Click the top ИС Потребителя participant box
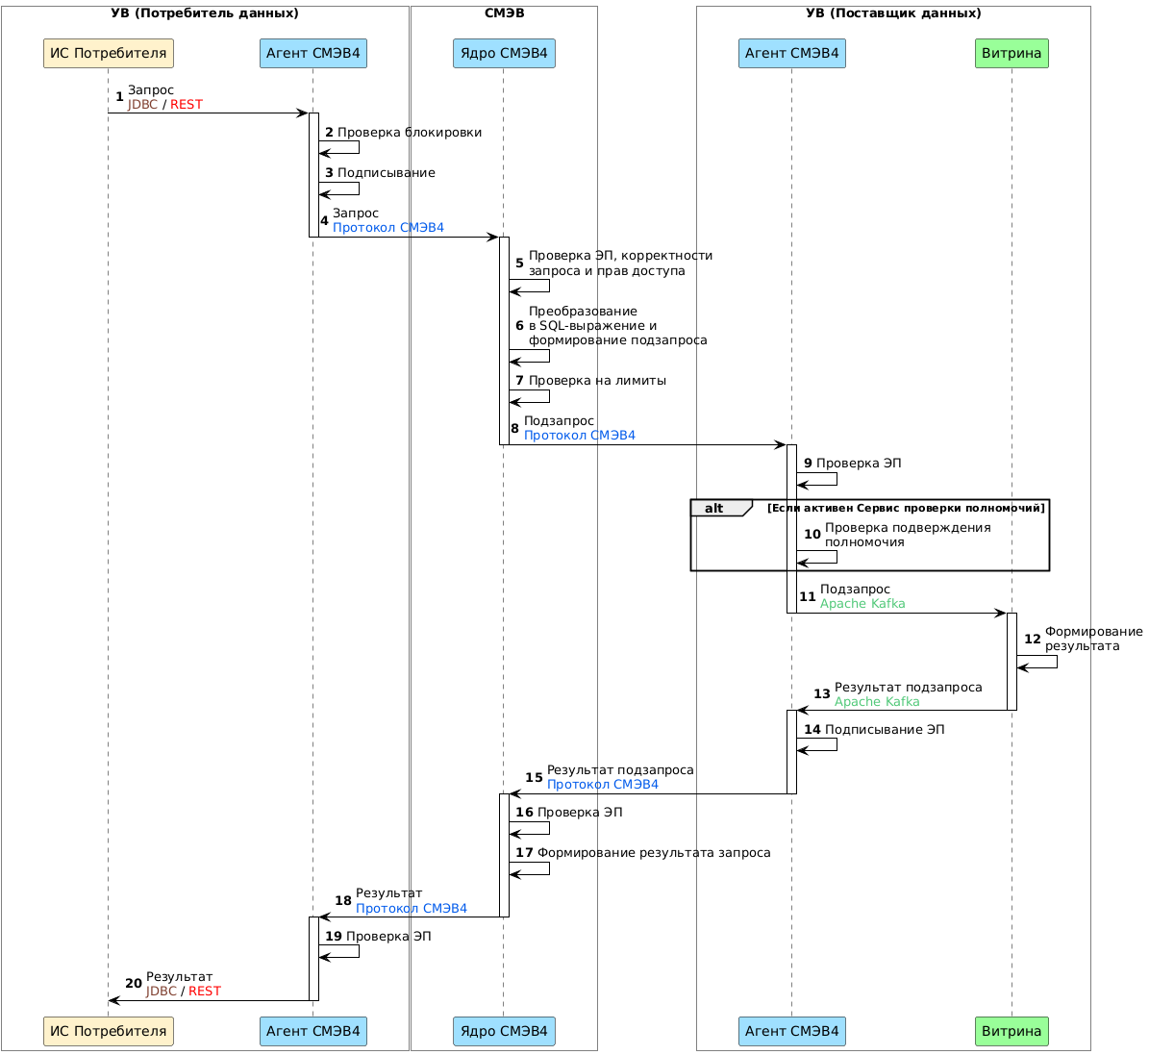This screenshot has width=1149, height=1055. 108,54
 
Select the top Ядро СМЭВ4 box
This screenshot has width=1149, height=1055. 504,54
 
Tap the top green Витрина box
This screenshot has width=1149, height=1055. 1012,54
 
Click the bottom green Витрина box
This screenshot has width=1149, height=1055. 1012,1032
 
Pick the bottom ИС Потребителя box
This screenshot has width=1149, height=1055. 108,1032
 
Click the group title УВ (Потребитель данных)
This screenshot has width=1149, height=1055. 205,13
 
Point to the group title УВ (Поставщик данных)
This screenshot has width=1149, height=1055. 893,13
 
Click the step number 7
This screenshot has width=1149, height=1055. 519,381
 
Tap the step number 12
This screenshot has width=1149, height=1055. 1033,639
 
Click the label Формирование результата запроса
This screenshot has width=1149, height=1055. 654,853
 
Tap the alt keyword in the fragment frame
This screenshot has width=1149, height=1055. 714,509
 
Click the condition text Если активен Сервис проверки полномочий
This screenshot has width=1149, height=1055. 906,509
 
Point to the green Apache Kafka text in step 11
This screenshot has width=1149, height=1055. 862,604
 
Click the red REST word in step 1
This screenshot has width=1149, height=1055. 187,105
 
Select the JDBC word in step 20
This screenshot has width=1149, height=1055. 162,992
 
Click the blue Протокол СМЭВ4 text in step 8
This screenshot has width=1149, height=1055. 580,436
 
